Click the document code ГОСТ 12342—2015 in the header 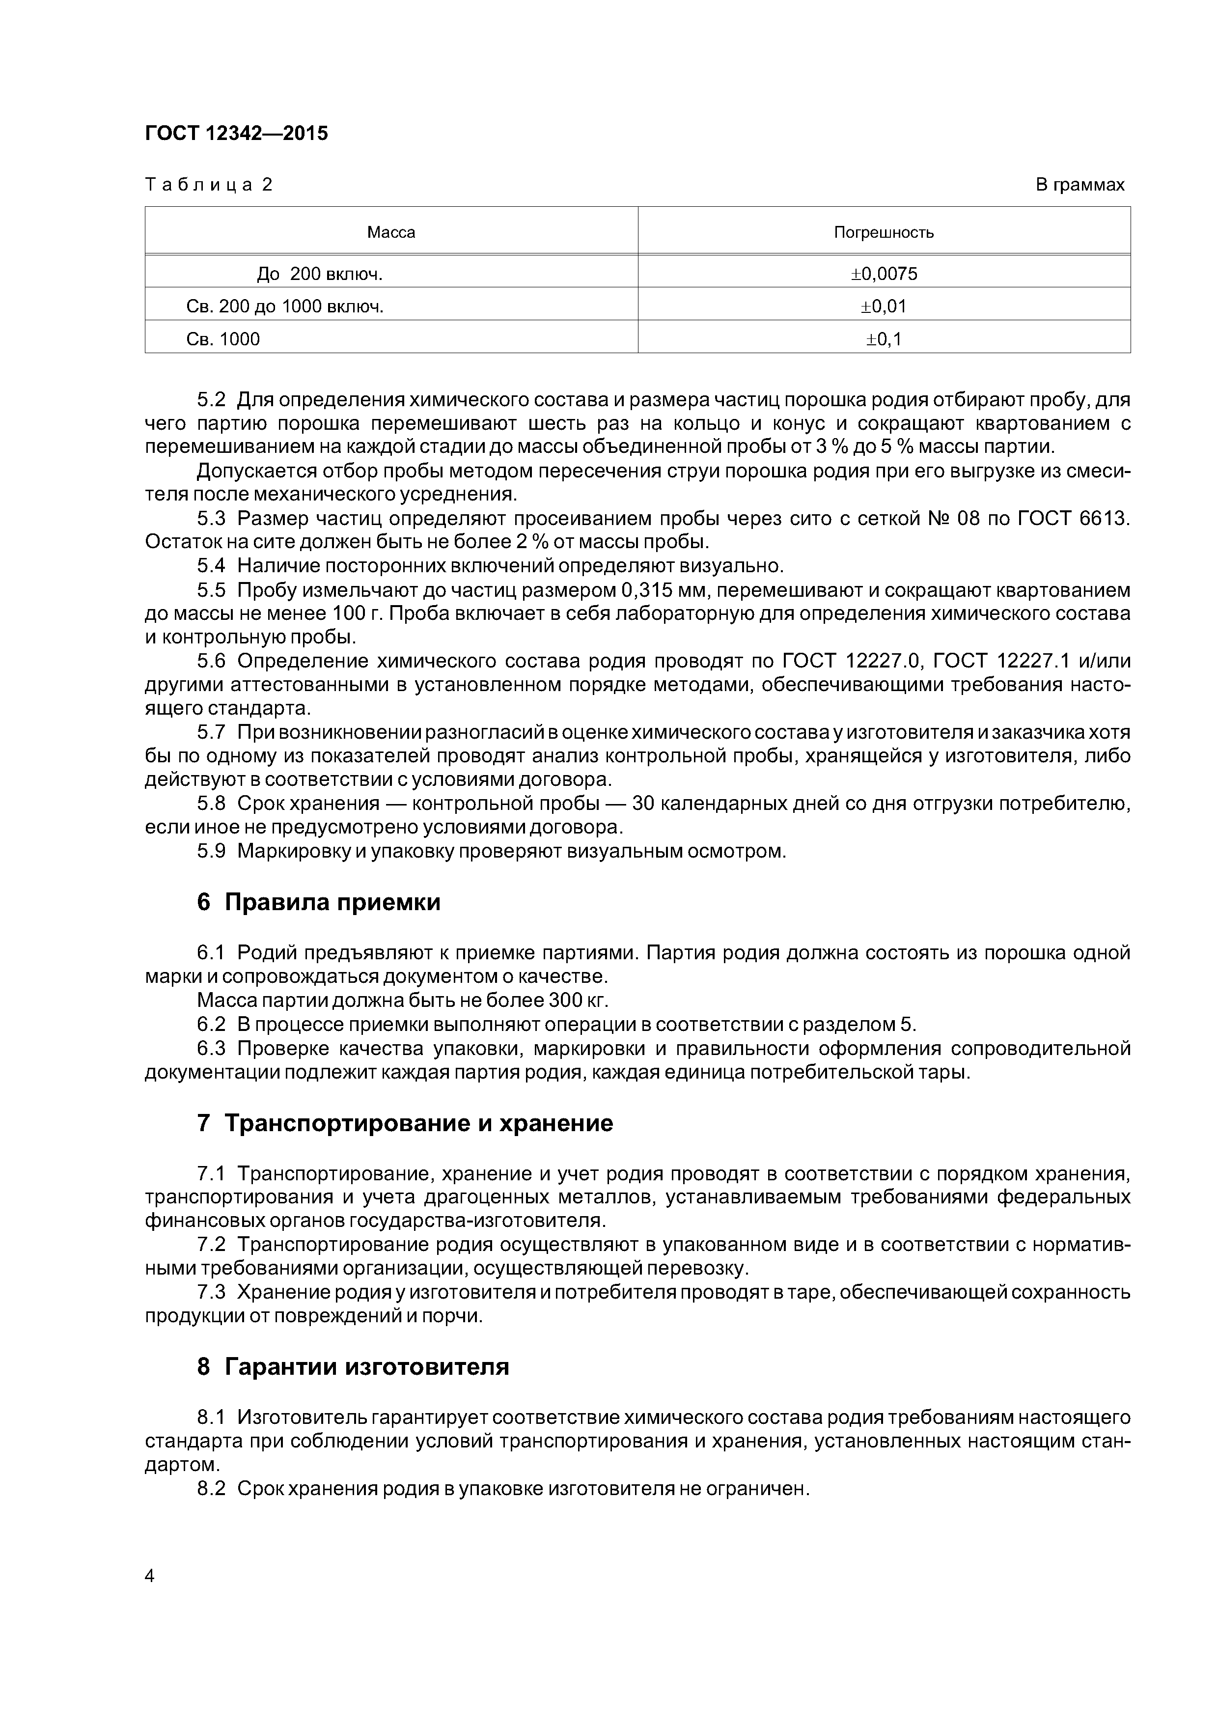236,134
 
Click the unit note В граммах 1080,185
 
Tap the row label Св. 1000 223,339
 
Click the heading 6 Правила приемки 319,902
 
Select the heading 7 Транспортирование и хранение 405,1123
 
